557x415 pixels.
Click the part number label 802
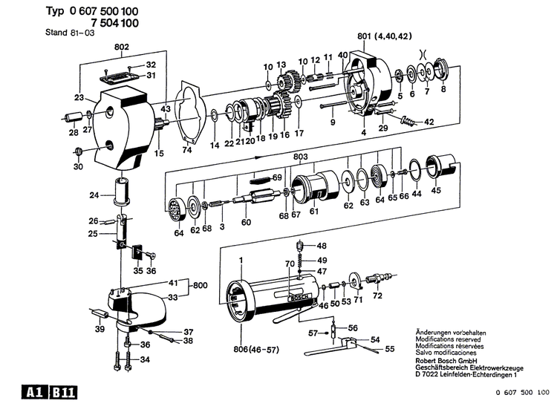(122, 47)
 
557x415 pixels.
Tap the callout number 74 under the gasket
(187, 151)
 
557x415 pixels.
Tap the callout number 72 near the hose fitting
(377, 295)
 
